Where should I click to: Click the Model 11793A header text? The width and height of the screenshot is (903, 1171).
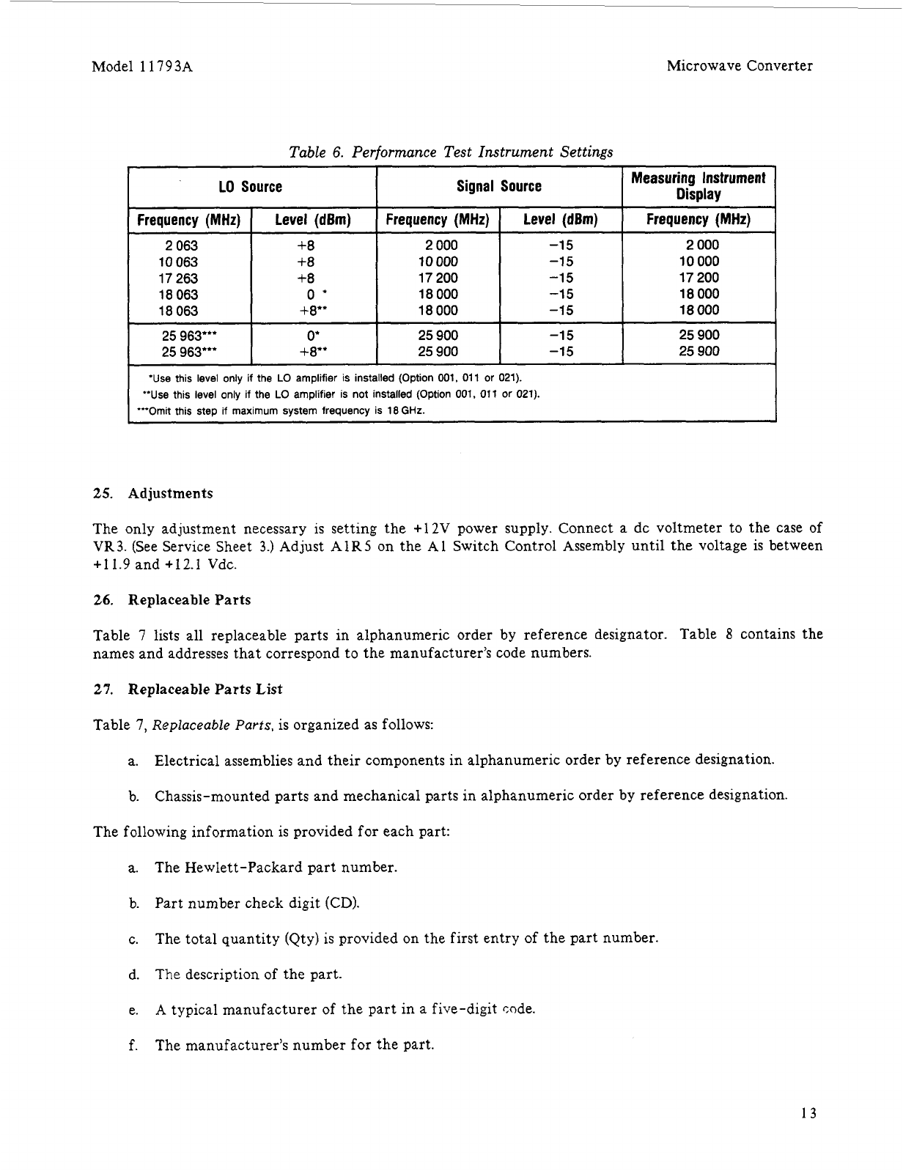pyautogui.click(x=142, y=66)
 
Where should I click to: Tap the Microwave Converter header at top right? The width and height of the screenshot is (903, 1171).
pyautogui.click(x=739, y=66)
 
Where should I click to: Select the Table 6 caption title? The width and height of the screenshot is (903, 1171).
pyautogui.click(x=451, y=152)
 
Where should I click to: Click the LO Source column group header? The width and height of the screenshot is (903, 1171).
pyautogui.click(x=251, y=187)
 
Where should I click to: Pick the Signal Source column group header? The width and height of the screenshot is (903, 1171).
pyautogui.click(x=498, y=187)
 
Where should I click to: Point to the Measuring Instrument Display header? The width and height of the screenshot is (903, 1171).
pyautogui.click(x=698, y=186)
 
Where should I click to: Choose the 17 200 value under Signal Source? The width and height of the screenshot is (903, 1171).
pyautogui.click(x=438, y=278)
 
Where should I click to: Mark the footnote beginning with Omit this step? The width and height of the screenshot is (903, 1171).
pyautogui.click(x=281, y=410)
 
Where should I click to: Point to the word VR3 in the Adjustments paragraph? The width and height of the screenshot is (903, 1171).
pyautogui.click(x=106, y=547)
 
